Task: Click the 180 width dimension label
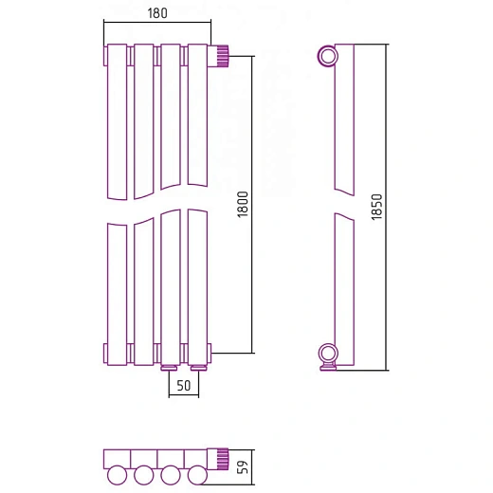point(157,13)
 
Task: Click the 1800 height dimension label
point(243,204)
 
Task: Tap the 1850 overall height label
point(376,207)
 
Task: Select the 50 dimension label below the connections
point(184,386)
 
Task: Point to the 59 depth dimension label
point(243,467)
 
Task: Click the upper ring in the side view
point(328,56)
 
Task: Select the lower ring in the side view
point(328,354)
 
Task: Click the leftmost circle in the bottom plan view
point(117,475)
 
